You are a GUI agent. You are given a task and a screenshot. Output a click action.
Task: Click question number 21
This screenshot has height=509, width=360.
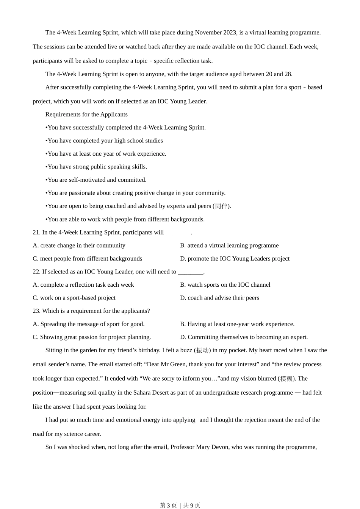(x=36, y=233)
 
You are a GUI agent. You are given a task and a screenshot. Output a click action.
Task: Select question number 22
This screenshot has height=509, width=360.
(x=36, y=272)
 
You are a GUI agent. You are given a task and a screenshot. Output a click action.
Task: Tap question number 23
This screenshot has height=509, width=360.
(x=36, y=311)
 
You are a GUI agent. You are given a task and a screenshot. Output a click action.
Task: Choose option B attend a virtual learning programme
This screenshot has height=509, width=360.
(x=229, y=245)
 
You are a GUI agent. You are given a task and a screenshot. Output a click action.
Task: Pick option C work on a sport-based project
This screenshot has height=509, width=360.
(x=74, y=298)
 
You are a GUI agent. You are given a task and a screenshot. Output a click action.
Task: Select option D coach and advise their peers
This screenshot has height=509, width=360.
(x=220, y=298)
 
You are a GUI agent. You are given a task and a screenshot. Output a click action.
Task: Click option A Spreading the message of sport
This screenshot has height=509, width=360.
(x=89, y=324)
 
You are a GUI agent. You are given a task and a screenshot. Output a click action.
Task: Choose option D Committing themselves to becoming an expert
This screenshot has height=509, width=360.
(x=244, y=337)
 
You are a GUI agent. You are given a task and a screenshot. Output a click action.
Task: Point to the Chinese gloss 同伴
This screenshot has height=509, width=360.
(x=221, y=206)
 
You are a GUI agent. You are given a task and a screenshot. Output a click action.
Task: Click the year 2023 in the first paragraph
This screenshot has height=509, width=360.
(x=230, y=33)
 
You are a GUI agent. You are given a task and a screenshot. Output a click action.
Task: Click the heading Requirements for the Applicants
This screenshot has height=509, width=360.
(x=86, y=114)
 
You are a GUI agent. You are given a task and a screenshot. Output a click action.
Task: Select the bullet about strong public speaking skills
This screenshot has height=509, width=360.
(x=96, y=167)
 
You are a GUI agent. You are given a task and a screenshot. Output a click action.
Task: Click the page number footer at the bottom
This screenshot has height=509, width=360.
(x=180, y=505)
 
